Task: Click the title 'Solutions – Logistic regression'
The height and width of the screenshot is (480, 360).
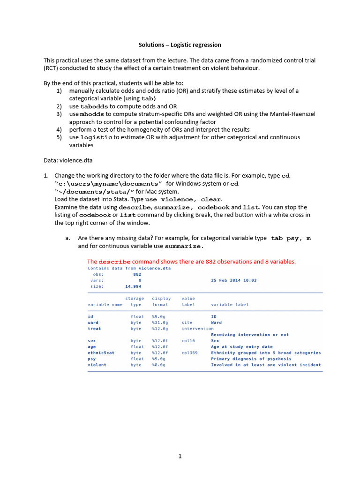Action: click(x=180, y=45)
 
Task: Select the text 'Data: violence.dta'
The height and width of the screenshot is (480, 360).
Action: click(x=68, y=160)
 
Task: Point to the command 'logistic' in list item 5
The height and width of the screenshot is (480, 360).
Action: click(x=96, y=137)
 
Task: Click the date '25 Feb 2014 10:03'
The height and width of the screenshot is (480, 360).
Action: click(x=233, y=280)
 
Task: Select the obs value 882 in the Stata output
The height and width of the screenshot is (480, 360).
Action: click(x=137, y=274)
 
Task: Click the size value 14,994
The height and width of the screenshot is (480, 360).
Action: click(x=133, y=286)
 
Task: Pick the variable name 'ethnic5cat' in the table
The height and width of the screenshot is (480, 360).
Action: click(x=101, y=352)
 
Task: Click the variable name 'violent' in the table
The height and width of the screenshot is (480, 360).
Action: click(x=97, y=365)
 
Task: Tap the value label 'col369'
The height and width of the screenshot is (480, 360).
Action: click(x=189, y=352)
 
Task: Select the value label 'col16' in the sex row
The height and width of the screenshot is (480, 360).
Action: click(x=188, y=341)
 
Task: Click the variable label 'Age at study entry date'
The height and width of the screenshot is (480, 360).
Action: click(x=241, y=347)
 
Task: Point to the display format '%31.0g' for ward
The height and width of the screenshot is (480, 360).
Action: click(x=160, y=322)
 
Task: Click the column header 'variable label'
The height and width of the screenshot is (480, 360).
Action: click(x=230, y=304)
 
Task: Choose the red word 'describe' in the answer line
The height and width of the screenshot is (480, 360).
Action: click(x=114, y=262)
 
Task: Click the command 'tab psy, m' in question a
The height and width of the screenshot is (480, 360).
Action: click(x=291, y=238)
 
